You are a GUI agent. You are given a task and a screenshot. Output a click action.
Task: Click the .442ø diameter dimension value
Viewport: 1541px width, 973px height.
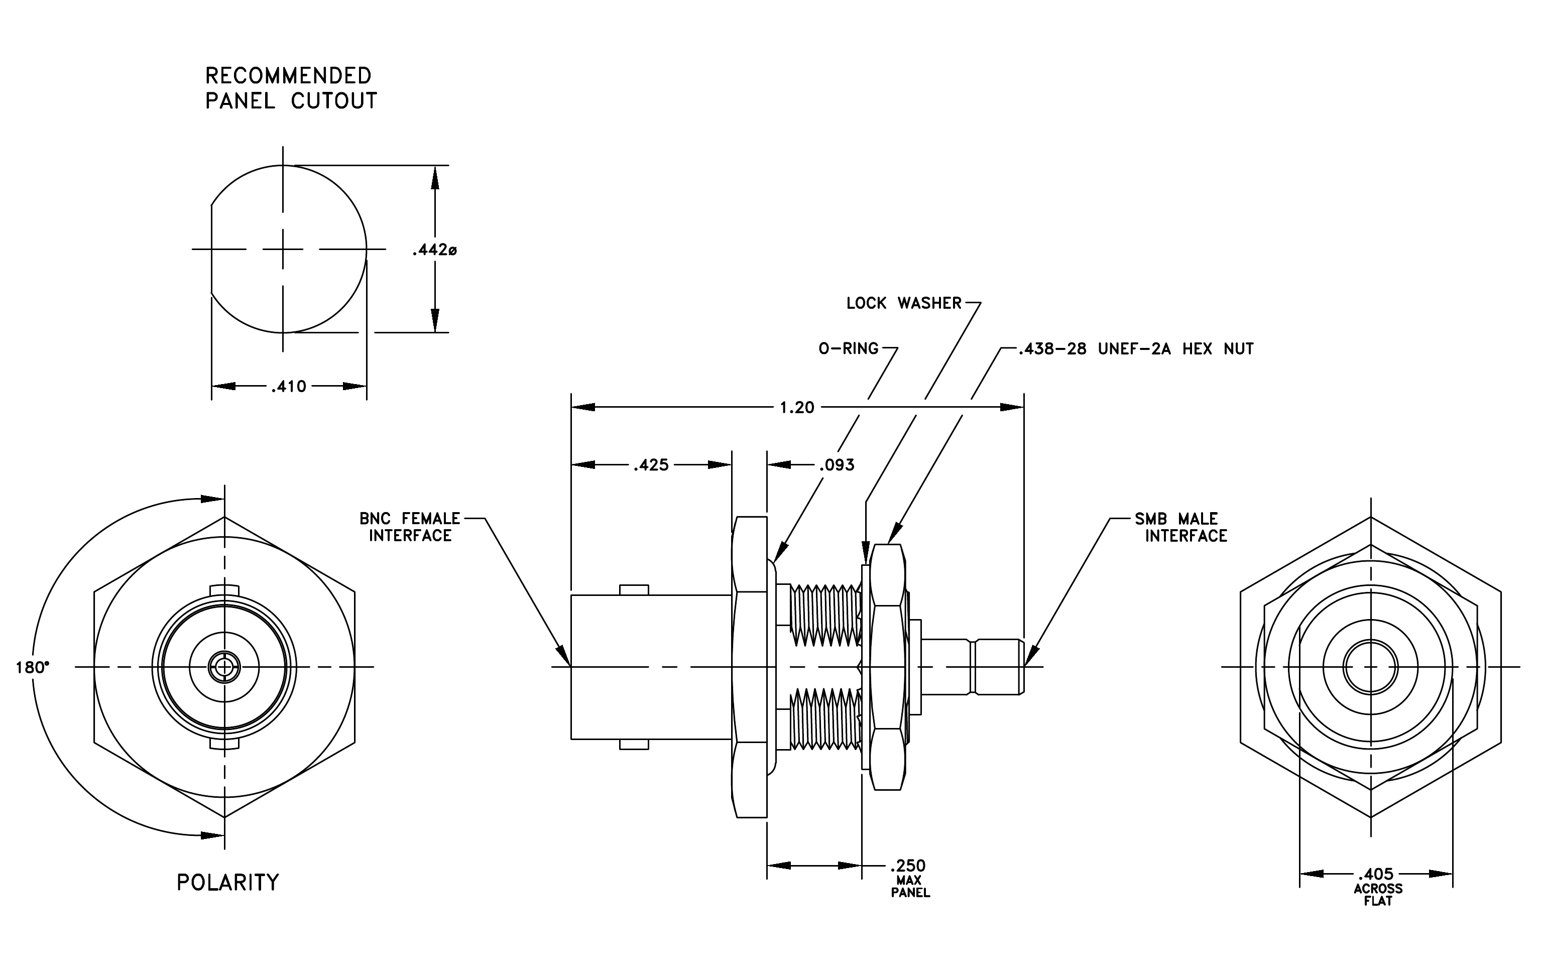tap(434, 250)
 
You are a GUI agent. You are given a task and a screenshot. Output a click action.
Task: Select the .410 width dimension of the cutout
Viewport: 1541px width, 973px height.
tap(289, 387)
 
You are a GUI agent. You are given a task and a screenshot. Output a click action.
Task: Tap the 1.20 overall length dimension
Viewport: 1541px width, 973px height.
tap(797, 408)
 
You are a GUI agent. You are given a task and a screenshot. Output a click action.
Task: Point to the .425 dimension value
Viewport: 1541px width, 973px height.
tap(651, 465)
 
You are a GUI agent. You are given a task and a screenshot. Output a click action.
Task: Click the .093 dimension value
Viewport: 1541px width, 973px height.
tap(837, 465)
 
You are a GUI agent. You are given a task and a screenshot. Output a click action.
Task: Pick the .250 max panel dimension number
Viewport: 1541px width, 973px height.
tap(908, 866)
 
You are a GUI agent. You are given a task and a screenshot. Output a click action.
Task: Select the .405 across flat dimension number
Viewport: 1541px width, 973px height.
tap(1376, 874)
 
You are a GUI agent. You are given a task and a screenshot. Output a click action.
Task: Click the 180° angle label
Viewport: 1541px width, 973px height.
tap(33, 668)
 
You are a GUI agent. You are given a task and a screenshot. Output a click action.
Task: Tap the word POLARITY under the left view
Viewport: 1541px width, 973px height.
tap(228, 883)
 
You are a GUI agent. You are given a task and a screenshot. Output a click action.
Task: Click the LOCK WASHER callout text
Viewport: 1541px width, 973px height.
tap(904, 303)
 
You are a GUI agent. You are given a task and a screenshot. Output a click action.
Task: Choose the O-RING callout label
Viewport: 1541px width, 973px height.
tap(849, 348)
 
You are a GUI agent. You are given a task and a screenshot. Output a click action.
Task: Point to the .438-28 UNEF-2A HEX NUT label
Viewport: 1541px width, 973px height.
tap(1137, 348)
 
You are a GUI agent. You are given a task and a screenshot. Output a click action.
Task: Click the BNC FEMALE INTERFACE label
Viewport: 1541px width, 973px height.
tap(410, 527)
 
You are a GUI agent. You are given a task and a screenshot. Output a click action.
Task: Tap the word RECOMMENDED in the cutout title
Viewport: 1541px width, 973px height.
tap(288, 75)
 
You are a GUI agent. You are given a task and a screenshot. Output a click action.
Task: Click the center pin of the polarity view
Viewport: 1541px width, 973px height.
tap(224, 668)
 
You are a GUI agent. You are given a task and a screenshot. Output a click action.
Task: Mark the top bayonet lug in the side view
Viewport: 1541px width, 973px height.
tap(634, 590)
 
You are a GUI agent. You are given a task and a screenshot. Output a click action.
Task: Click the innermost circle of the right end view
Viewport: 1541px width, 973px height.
tap(1370, 667)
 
